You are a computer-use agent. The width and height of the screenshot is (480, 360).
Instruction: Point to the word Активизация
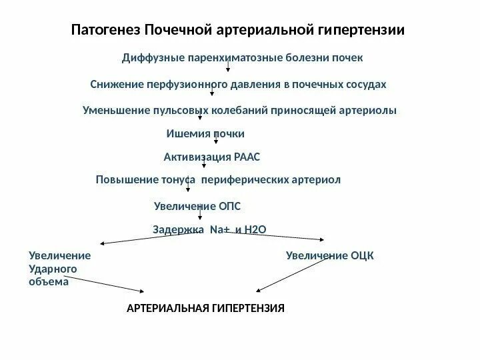pyautogui.click(x=197, y=157)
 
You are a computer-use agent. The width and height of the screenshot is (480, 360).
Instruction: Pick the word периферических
pyautogui.click(x=242, y=180)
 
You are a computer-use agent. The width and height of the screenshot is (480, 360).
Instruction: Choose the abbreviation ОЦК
pyautogui.click(x=362, y=255)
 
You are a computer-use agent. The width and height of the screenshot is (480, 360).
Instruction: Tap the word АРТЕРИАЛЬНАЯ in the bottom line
pyautogui.click(x=167, y=309)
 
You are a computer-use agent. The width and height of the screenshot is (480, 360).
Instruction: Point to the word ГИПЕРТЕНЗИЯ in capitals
pyautogui.click(x=248, y=309)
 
